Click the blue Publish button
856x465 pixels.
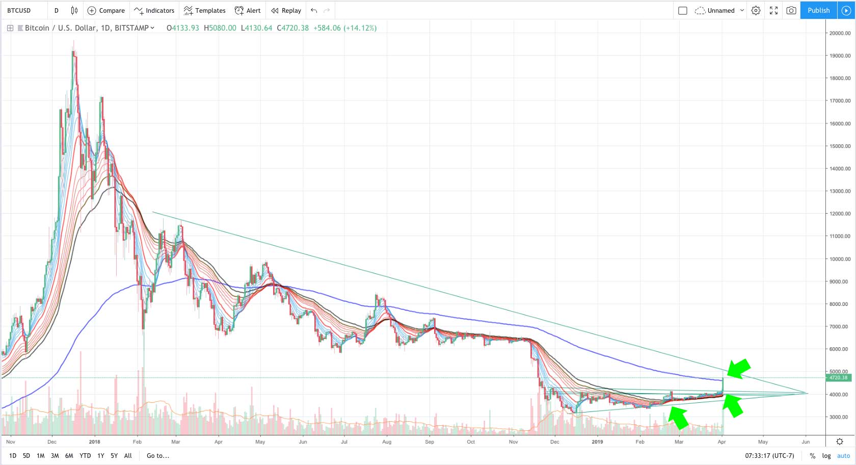coord(818,10)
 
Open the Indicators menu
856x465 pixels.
coord(154,10)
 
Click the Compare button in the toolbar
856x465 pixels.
coord(106,10)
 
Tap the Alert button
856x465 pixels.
coord(248,10)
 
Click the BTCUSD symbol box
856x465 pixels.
coord(19,10)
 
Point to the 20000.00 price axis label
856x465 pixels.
coord(840,33)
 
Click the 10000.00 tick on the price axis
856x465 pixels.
coord(840,259)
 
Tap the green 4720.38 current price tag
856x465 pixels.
coord(838,378)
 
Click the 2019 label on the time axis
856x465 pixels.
coord(597,442)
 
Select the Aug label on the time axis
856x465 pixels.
coord(387,442)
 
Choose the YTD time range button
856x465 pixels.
coord(85,456)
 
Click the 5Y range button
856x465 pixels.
coord(114,456)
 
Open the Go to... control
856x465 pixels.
coord(158,456)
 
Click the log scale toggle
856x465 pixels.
coord(826,456)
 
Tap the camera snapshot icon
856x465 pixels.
coord(791,10)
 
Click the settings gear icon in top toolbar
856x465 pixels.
coord(756,10)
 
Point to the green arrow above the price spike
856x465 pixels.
coord(738,368)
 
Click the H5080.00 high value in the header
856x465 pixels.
coord(220,28)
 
